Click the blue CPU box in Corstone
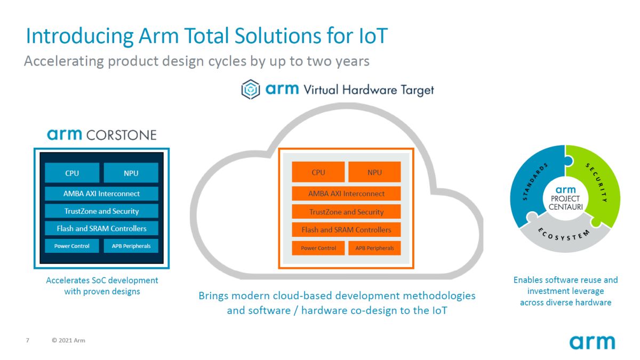click(72, 173)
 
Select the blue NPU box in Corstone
click(131, 173)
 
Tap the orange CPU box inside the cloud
click(318, 172)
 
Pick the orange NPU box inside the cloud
click(374, 172)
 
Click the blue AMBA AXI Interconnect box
click(101, 194)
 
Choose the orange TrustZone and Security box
click(346, 212)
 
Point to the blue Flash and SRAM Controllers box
click(101, 229)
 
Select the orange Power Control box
click(318, 248)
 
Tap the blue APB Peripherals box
click(131, 246)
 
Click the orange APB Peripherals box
click(374, 248)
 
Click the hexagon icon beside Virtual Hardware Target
click(250, 90)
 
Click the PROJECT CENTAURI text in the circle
click(565, 202)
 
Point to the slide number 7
click(28, 340)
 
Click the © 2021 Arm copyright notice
click(68, 340)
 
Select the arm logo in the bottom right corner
click(592, 341)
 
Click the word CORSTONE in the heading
click(123, 135)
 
